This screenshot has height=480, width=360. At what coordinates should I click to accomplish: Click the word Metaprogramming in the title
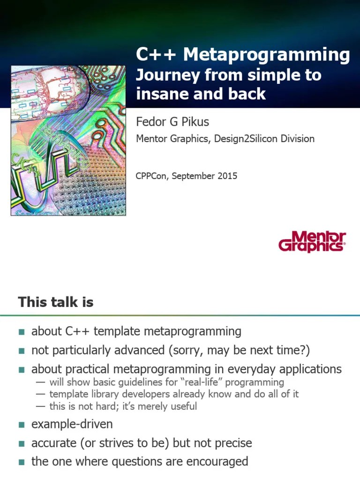click(266, 55)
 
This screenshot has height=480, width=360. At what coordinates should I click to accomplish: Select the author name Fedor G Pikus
click(172, 122)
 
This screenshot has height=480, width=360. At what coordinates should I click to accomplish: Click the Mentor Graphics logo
click(312, 241)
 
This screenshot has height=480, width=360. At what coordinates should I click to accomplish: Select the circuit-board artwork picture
click(68, 141)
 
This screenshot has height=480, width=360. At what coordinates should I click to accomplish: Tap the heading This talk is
click(56, 302)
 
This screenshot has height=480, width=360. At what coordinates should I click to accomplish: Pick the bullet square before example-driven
click(21, 425)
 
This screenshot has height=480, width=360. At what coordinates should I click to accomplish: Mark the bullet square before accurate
click(21, 443)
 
